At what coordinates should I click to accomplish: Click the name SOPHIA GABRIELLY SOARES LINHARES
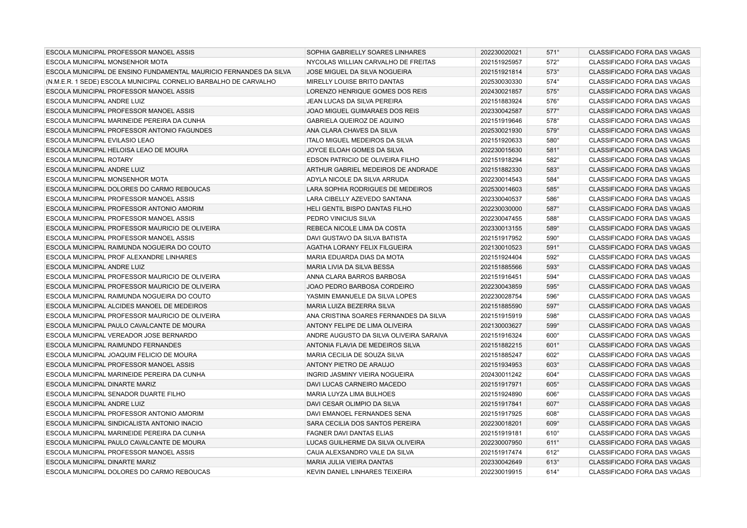pyautogui.click(x=366, y=53)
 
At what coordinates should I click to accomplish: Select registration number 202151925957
pyautogui.click(x=501, y=62)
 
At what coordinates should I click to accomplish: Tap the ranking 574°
pyautogui.click(x=553, y=82)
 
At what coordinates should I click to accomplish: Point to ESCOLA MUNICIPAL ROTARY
pyautogui.click(x=89, y=160)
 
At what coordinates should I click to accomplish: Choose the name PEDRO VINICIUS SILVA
pyautogui.click(x=341, y=219)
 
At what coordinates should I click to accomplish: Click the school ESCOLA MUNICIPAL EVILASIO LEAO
pyautogui.click(x=100, y=141)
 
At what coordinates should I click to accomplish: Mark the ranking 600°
pyautogui.click(x=553, y=336)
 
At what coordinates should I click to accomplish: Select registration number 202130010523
pyautogui.click(x=501, y=248)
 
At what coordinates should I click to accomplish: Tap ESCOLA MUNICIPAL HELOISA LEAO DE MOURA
pyautogui.click(x=116, y=150)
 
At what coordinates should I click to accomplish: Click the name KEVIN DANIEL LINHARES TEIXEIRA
pyautogui.click(x=359, y=472)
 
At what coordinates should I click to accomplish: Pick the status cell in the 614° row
pyautogui.click(x=639, y=472)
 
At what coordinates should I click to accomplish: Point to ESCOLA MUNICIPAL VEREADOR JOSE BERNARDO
pyautogui.click(x=121, y=336)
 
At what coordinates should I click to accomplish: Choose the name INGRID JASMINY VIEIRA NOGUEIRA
pyautogui.click(x=360, y=375)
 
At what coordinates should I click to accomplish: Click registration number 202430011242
pyautogui.click(x=501, y=375)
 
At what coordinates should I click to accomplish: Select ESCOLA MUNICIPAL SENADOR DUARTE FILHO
pyautogui.click(x=115, y=395)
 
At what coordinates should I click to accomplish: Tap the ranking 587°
pyautogui.click(x=553, y=209)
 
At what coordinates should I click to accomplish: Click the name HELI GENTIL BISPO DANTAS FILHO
pyautogui.click(x=359, y=209)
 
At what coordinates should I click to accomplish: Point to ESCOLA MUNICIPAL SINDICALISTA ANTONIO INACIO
pyautogui.click(x=124, y=424)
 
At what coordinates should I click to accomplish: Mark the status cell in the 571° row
pyautogui.click(x=639, y=53)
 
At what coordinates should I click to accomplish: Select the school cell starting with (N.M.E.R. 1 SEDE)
pyautogui.click(x=160, y=82)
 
